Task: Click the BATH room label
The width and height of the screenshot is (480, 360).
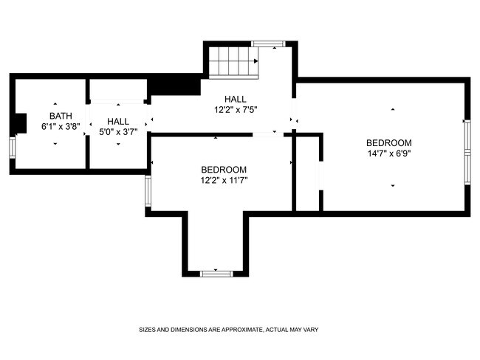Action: pos(61,116)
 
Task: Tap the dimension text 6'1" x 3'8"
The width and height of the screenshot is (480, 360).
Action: pos(61,126)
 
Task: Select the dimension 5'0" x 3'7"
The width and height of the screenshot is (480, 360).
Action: pos(118,132)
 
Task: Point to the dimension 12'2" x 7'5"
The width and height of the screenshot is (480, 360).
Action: pos(236,109)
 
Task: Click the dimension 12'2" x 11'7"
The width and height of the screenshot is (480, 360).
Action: pos(224,180)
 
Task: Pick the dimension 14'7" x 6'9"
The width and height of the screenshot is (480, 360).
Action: pos(388,153)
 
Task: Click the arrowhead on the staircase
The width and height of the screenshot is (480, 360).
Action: pos(256,61)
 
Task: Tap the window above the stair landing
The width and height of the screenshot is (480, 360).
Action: pos(268,44)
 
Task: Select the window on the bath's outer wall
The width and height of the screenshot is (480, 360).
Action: pos(13,148)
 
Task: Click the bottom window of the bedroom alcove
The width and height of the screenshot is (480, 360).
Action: pos(216,274)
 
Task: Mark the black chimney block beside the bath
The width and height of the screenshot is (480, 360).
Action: pos(21,123)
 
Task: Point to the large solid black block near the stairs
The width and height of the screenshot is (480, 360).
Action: pos(174,87)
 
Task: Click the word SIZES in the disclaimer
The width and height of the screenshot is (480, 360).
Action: pos(147,330)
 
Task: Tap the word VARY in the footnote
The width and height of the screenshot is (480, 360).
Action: pos(311,330)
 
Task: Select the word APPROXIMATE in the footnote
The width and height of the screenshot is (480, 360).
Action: pos(242,330)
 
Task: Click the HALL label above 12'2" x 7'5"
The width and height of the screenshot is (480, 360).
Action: pos(235,99)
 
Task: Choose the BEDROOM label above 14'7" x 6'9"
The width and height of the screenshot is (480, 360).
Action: pos(388,143)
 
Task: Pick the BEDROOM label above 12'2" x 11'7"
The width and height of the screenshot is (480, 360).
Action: pos(224,170)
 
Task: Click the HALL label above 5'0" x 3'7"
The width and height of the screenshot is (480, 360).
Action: pos(118,122)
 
